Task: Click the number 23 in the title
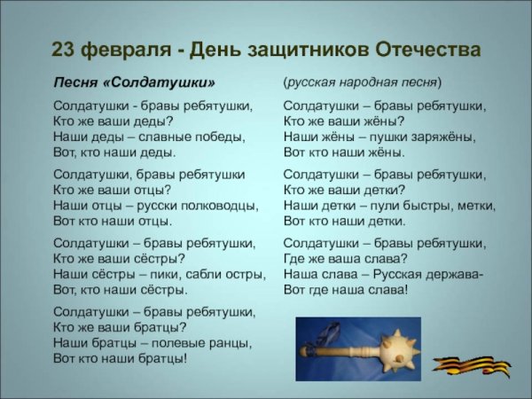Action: pyautogui.click(x=64, y=49)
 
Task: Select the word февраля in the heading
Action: pyautogui.click(x=124, y=49)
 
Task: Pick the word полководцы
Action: pyautogui.click(x=216, y=206)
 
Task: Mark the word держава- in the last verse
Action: pyautogui.click(x=451, y=274)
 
